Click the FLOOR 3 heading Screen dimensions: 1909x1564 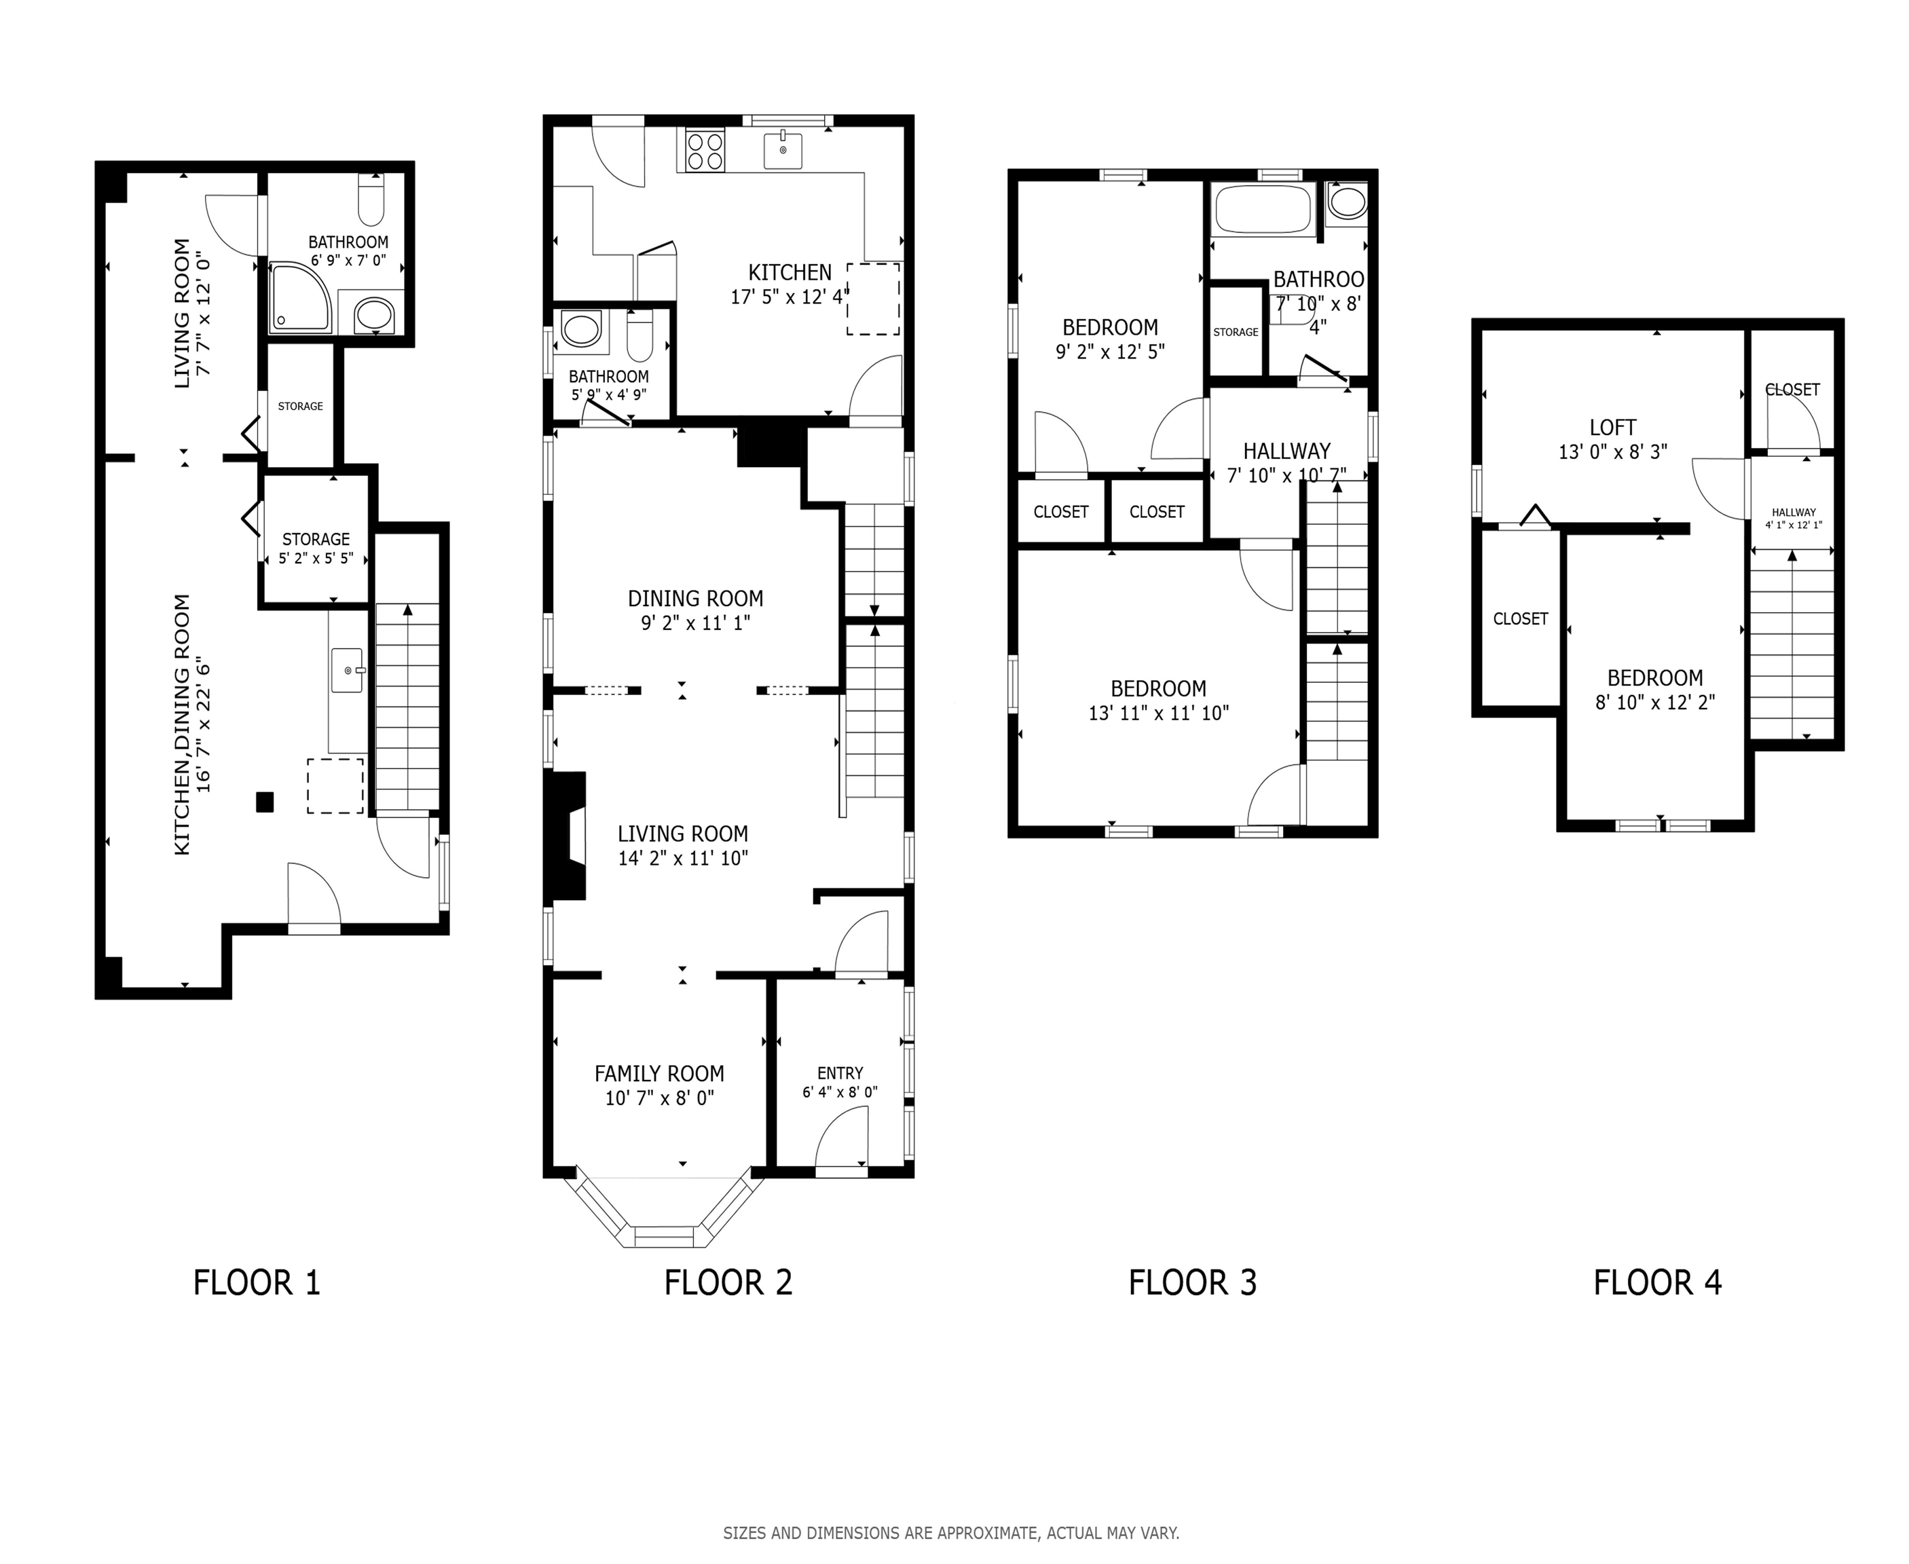coord(1192,1283)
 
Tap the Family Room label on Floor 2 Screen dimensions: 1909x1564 coord(659,1074)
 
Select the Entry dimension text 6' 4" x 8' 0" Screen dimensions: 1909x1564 coord(840,1092)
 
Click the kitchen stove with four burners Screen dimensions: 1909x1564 coord(705,151)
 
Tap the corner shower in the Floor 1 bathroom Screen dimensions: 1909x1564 coord(299,297)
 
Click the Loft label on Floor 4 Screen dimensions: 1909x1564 coord(1612,428)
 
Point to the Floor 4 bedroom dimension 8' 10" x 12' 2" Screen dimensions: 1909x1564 coord(1655,703)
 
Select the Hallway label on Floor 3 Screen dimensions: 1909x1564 coord(1286,451)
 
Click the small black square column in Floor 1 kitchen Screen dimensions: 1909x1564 coord(265,802)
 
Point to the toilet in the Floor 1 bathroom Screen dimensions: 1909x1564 coord(371,199)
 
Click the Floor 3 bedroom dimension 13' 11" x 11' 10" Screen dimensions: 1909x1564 coord(1159,713)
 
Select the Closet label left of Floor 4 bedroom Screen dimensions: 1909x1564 coord(1521,619)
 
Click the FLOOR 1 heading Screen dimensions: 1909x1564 coord(257,1283)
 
